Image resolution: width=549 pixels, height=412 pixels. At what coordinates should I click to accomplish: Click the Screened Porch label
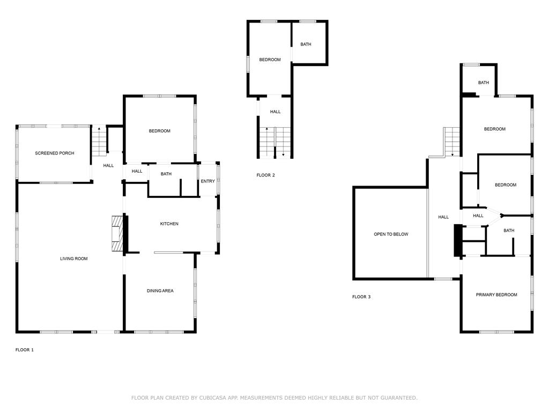[x=55, y=153]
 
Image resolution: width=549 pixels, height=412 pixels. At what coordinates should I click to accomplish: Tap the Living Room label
[x=74, y=259]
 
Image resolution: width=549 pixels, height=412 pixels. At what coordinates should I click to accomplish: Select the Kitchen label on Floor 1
[x=169, y=224]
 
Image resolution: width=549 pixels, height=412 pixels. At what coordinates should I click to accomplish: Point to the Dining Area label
[x=160, y=290]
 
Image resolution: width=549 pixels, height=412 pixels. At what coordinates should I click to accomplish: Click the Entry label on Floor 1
[x=207, y=181]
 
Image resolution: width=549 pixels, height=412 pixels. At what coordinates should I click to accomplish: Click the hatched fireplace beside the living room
[x=117, y=234]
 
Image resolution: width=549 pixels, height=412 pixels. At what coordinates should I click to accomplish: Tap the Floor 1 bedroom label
[x=160, y=131]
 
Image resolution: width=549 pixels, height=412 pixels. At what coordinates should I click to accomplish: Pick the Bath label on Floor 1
[x=166, y=174]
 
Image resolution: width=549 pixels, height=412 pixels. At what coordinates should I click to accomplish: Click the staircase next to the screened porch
[x=99, y=141]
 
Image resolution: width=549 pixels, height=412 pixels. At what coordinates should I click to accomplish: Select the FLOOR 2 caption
[x=266, y=175]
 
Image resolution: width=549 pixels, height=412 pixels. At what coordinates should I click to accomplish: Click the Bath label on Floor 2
[x=306, y=44]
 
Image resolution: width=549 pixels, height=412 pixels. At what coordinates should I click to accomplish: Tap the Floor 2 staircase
[x=275, y=143]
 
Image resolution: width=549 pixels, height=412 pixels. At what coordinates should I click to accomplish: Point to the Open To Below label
[x=391, y=234]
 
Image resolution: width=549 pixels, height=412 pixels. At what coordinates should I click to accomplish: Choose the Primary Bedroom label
[x=496, y=295]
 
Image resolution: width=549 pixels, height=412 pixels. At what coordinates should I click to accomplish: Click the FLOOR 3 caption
[x=361, y=297]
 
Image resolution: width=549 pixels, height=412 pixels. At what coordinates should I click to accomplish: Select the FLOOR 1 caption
[x=25, y=350]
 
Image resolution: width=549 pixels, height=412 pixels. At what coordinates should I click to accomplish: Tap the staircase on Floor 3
[x=452, y=142]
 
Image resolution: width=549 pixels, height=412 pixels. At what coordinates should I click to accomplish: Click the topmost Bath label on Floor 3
[x=484, y=82]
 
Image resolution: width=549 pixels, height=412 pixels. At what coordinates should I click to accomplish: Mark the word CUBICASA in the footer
[x=213, y=398]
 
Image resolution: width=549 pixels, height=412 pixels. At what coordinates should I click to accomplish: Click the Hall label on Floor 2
[x=275, y=112]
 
